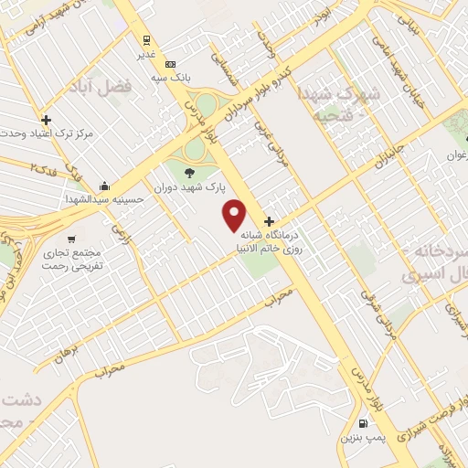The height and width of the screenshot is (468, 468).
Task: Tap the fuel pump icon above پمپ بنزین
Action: (364, 423)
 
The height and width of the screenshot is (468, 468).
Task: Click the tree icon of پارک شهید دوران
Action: (189, 172)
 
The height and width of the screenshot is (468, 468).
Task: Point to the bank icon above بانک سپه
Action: (171, 64)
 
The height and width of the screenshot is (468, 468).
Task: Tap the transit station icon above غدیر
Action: (145, 39)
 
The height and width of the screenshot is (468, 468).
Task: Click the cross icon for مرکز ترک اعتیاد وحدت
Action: (46, 120)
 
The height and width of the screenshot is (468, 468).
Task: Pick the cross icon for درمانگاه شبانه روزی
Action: (269, 221)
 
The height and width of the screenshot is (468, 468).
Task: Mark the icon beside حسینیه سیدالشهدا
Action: (105, 183)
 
